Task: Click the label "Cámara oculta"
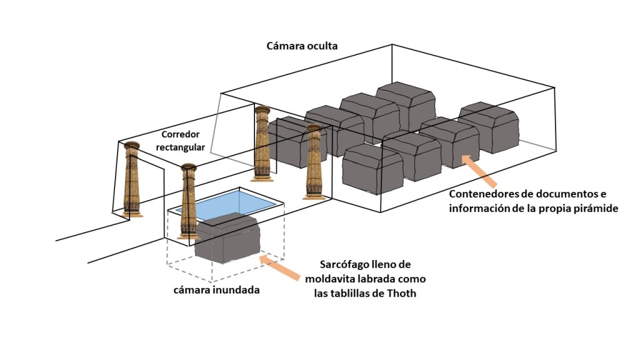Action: pos(302,46)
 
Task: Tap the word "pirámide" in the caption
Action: pos(597,209)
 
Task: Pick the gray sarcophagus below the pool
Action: pos(227,238)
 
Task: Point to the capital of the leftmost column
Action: pos(131,147)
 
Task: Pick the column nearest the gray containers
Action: pos(314,161)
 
